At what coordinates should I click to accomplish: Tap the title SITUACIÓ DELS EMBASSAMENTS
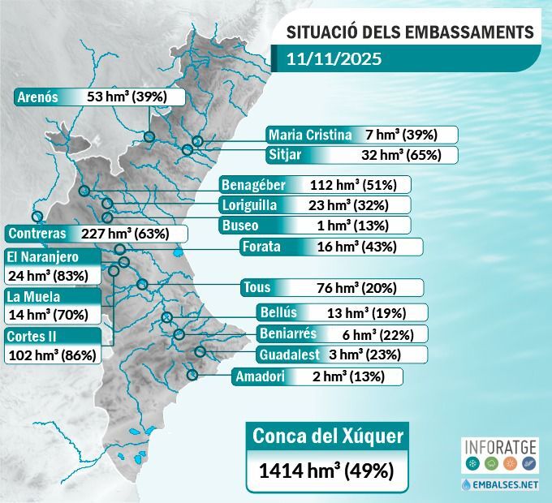[411, 32]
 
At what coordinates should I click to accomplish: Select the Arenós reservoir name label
[38, 97]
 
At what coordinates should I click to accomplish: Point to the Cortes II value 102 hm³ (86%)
[52, 355]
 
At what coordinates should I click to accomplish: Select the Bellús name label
[278, 312]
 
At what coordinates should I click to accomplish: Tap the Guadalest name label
[289, 355]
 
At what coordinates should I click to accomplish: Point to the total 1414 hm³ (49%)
[326, 471]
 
